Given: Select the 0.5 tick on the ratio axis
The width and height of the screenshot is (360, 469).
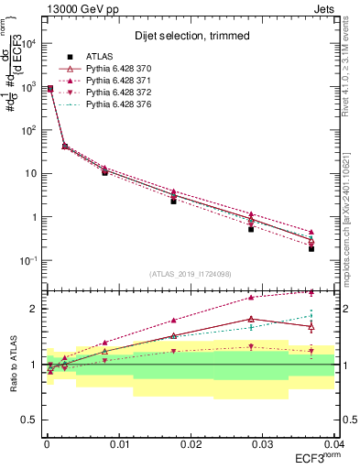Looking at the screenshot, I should click(x=31, y=420).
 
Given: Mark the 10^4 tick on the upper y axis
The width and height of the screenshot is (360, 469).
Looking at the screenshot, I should click(x=29, y=43).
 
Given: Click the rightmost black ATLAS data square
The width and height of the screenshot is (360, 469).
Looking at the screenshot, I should click(x=311, y=248).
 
